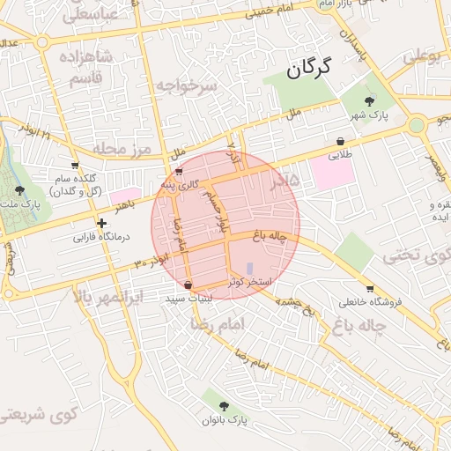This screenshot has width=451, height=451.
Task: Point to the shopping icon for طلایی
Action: click(340, 141)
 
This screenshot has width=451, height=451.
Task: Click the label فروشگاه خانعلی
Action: click(370, 301)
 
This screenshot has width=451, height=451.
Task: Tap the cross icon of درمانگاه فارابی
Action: click(103, 224)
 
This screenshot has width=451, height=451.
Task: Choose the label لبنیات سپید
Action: click(189, 299)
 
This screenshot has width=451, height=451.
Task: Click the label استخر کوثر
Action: click(249, 282)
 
